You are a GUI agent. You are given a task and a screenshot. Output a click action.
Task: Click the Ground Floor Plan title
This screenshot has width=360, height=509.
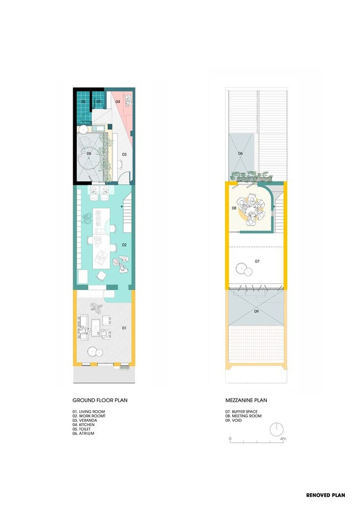pos(100,400)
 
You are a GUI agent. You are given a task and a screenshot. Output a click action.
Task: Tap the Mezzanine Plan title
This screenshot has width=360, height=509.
pos(246,400)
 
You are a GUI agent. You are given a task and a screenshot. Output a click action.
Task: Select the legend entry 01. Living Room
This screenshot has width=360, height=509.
pos(89,412)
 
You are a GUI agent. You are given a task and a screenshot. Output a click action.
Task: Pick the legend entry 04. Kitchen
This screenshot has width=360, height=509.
pos(83,425)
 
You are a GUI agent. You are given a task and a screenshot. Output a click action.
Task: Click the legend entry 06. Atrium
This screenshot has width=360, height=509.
pos(83,433)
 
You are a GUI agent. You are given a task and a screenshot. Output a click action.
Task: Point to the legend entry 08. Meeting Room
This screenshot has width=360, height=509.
pos(243,416)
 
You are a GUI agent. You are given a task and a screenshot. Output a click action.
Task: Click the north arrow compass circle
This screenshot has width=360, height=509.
pos(277,430)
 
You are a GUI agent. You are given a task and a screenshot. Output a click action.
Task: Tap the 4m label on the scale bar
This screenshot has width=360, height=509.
pos(283,439)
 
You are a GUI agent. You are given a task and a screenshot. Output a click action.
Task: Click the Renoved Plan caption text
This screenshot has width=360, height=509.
pos(325,495)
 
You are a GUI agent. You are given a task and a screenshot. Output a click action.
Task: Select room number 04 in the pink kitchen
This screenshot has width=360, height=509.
pos(118,102)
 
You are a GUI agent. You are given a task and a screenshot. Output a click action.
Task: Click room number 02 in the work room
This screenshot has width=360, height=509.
pos(124,245)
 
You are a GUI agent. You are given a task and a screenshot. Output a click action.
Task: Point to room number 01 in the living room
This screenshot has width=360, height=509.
pos(124,328)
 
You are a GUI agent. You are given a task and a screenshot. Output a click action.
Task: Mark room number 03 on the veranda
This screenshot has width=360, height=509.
pos(124,155)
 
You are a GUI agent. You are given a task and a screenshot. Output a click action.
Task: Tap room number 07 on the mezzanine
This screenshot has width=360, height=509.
pos(257,261)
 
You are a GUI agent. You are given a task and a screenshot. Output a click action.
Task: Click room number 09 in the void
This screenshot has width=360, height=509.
pos(256,311)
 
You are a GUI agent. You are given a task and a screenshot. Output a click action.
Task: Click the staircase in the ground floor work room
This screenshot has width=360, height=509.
pos(127,213)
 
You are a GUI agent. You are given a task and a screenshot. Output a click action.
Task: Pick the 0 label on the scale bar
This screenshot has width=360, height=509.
pos(230,439)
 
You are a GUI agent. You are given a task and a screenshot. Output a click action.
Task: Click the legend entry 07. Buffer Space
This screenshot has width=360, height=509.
pos(242,412)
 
